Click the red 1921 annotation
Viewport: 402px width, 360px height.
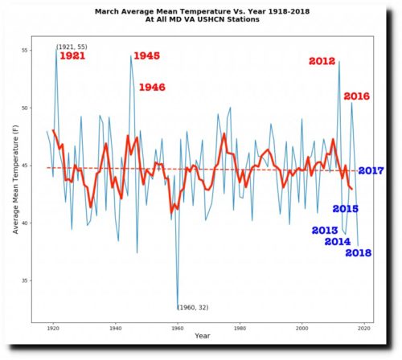pos(72,56)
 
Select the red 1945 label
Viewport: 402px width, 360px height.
pos(146,55)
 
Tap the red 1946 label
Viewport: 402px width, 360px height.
pos(152,88)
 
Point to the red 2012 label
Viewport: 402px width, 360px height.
pos(322,61)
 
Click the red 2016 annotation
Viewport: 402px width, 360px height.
pos(356,96)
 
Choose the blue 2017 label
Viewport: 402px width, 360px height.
pos(371,170)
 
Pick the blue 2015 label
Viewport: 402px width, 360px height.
pos(345,209)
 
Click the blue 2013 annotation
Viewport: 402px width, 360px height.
pos(325,231)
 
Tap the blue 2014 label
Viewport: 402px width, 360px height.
pos(338,242)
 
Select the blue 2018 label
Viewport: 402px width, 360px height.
pos(359,253)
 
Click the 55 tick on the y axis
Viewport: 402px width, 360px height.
pos(25,51)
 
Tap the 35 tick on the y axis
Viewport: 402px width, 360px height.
pos(25,280)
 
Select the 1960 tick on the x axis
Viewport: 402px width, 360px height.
pos(178,328)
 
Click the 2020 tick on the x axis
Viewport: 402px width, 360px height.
pos(364,328)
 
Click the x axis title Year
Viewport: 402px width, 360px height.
pos(203,336)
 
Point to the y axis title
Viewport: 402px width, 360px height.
pos(15,179)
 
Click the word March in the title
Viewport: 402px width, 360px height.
pos(107,12)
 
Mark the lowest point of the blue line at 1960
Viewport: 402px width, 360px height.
pos(178,309)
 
